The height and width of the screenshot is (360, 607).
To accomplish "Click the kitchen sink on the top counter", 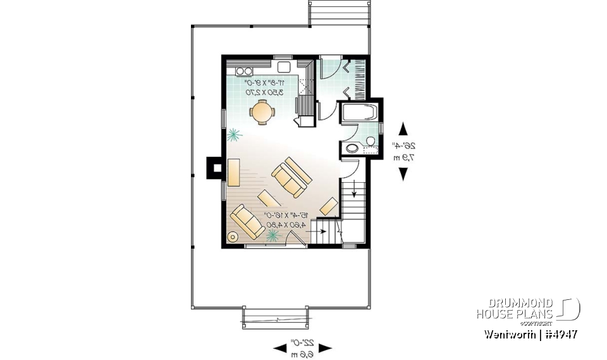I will [x=283, y=66].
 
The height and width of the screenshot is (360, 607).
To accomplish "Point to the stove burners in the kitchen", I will [x=245, y=70].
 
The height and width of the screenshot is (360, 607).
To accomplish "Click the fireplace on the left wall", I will [x=216, y=168].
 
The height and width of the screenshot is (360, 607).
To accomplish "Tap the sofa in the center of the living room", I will [x=290, y=174].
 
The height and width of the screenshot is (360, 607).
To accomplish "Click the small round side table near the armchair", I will [x=233, y=237].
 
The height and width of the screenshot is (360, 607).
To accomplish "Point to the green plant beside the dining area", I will [x=234, y=134].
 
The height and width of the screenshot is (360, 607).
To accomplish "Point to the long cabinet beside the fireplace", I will [x=233, y=172].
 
